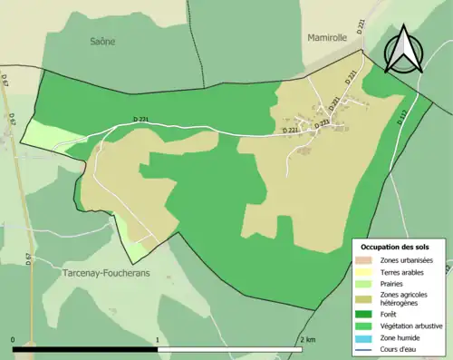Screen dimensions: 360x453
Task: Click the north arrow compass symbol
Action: pyautogui.click(x=406, y=50)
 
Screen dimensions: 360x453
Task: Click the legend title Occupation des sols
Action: pyautogui.click(x=395, y=247)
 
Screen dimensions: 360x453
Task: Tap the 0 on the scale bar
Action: pyautogui.click(x=14, y=338)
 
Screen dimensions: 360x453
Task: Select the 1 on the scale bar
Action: pyautogui.click(x=159, y=338)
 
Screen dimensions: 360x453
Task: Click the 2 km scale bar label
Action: pyautogui.click(x=306, y=338)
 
